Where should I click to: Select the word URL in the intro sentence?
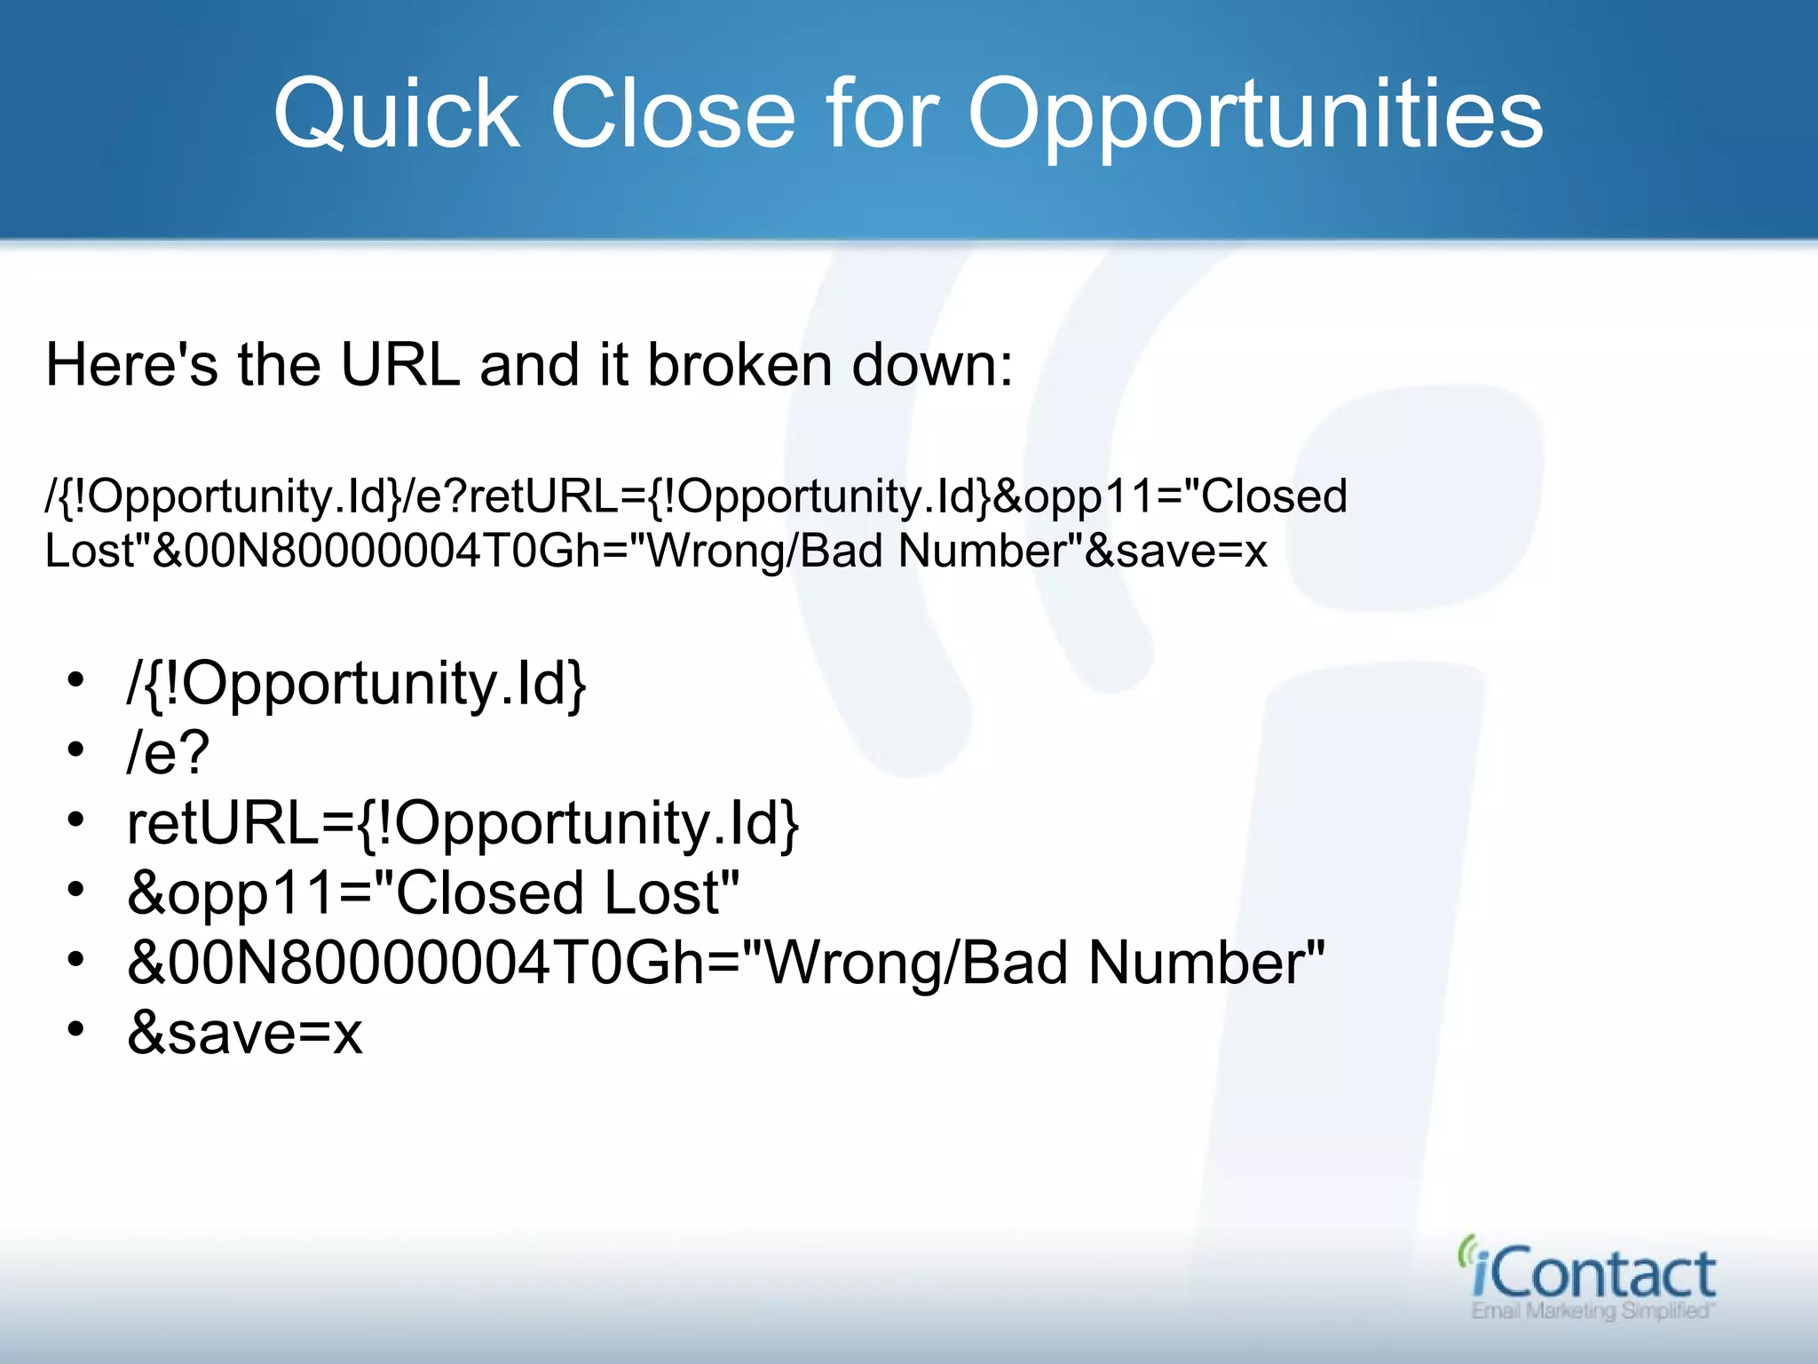point(400,365)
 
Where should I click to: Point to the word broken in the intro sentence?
point(739,365)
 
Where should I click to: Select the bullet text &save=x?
point(245,1034)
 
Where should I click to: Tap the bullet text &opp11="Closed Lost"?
point(433,893)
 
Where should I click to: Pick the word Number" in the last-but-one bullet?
point(1206,964)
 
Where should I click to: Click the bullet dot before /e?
point(76,750)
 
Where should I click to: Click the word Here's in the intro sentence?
point(131,365)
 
